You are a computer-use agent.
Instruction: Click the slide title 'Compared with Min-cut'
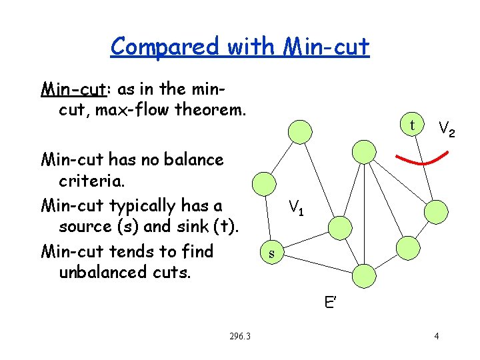coord(240,47)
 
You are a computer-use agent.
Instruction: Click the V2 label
coord(446,129)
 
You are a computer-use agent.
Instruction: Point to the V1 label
coord(296,208)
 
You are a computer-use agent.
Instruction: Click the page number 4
coord(436,336)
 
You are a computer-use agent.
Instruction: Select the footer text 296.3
coord(239,336)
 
